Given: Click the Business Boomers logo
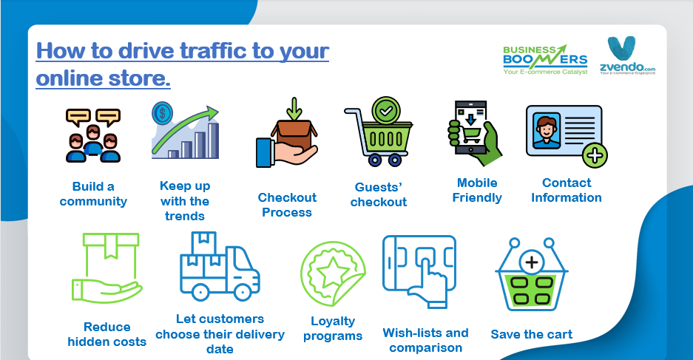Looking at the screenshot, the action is pyautogui.click(x=545, y=60).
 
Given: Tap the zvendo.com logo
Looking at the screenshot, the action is pyautogui.click(x=627, y=55).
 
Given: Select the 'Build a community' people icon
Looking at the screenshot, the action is pyautogui.click(x=93, y=135).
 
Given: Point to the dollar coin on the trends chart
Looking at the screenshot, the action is pyautogui.click(x=162, y=112).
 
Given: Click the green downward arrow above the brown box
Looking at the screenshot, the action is pyautogui.click(x=294, y=109).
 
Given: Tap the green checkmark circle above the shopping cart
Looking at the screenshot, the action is pyautogui.click(x=386, y=111).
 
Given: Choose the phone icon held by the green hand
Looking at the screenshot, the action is pyautogui.click(x=471, y=128).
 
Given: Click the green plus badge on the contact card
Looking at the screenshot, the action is pyautogui.click(x=595, y=155).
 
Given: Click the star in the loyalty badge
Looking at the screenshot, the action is pyautogui.click(x=333, y=274).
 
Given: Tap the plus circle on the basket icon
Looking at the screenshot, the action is pyautogui.click(x=532, y=262).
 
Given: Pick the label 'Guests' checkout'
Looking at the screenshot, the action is pyautogui.click(x=379, y=194).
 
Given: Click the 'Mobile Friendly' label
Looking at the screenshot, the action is pyautogui.click(x=477, y=190).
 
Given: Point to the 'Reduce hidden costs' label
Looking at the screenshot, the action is pyautogui.click(x=107, y=334).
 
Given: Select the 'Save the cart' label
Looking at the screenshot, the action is pyautogui.click(x=532, y=334).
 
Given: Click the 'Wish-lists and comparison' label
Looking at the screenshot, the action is pyautogui.click(x=425, y=340).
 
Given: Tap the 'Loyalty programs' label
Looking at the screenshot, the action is pyautogui.click(x=333, y=328).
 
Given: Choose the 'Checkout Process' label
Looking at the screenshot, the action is pyautogui.click(x=287, y=205).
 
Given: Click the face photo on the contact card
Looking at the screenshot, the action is pyautogui.click(x=547, y=130).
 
